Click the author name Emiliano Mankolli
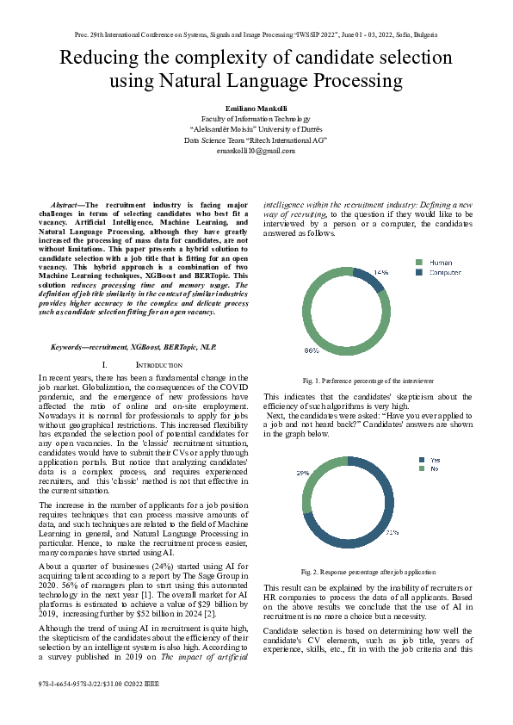256,108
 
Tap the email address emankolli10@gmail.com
256,151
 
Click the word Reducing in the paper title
99,59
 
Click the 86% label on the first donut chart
311,350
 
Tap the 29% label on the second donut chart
303,473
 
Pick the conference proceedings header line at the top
256,34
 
